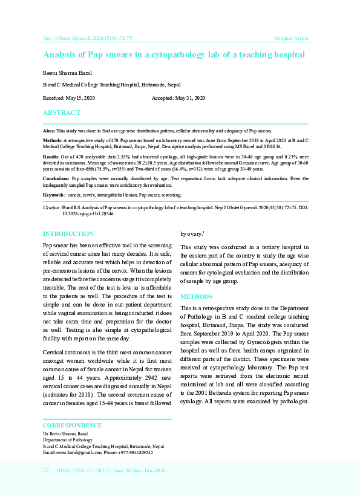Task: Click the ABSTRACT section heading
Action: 62,113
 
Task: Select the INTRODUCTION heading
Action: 68,233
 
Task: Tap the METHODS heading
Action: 196,297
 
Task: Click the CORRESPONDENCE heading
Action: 72,425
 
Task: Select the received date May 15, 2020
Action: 82,98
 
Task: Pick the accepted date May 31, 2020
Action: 192,98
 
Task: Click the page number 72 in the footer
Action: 46,470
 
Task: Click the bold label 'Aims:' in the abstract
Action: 49,131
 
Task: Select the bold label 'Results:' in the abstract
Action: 51,156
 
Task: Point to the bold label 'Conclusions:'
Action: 56,179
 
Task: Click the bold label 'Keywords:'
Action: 54,195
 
